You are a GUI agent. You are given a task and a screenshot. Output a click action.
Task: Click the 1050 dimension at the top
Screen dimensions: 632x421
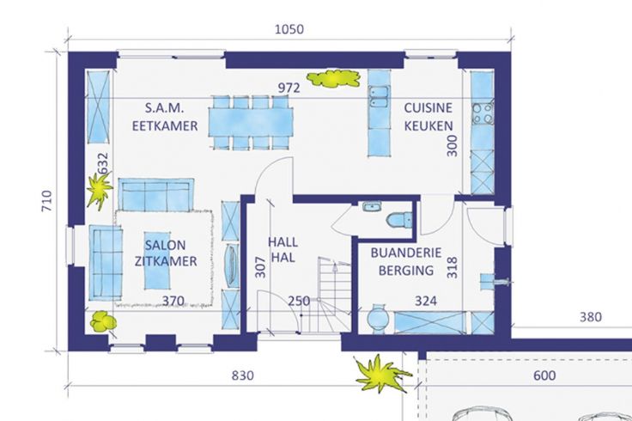tap(289, 29)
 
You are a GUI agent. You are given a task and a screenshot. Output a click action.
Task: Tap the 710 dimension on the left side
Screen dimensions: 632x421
tap(46, 201)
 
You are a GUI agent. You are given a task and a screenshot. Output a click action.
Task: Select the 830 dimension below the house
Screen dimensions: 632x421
tap(243, 375)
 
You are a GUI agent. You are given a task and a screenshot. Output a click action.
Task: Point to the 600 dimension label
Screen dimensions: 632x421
tap(544, 375)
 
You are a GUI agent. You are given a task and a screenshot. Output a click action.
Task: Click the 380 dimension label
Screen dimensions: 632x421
tap(591, 317)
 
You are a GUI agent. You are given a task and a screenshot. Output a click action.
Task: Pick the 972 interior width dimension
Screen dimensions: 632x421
tap(289, 88)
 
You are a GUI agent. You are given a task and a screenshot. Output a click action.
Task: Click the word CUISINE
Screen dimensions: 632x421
tap(428, 108)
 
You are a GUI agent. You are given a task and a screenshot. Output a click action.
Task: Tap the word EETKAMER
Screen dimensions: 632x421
tap(165, 125)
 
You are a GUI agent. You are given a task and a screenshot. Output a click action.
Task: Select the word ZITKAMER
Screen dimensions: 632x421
tap(166, 261)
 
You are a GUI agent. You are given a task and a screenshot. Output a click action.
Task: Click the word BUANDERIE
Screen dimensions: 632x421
tap(406, 253)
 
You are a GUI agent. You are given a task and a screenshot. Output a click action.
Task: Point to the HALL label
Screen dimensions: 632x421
tap(283, 242)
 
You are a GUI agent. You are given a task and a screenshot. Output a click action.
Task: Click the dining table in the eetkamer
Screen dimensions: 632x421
tap(251, 123)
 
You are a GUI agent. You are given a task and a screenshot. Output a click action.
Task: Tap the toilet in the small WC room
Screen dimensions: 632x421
tap(399, 220)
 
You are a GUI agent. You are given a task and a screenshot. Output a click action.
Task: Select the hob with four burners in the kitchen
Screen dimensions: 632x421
tap(483, 113)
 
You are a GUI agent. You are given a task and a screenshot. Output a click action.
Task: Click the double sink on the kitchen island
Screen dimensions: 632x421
tap(379, 97)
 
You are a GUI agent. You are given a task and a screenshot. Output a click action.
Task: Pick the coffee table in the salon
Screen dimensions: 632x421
tap(157, 260)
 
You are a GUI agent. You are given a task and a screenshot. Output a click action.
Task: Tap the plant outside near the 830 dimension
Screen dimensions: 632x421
tap(381, 374)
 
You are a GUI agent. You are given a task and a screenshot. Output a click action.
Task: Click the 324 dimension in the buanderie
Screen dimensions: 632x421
tap(426, 301)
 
